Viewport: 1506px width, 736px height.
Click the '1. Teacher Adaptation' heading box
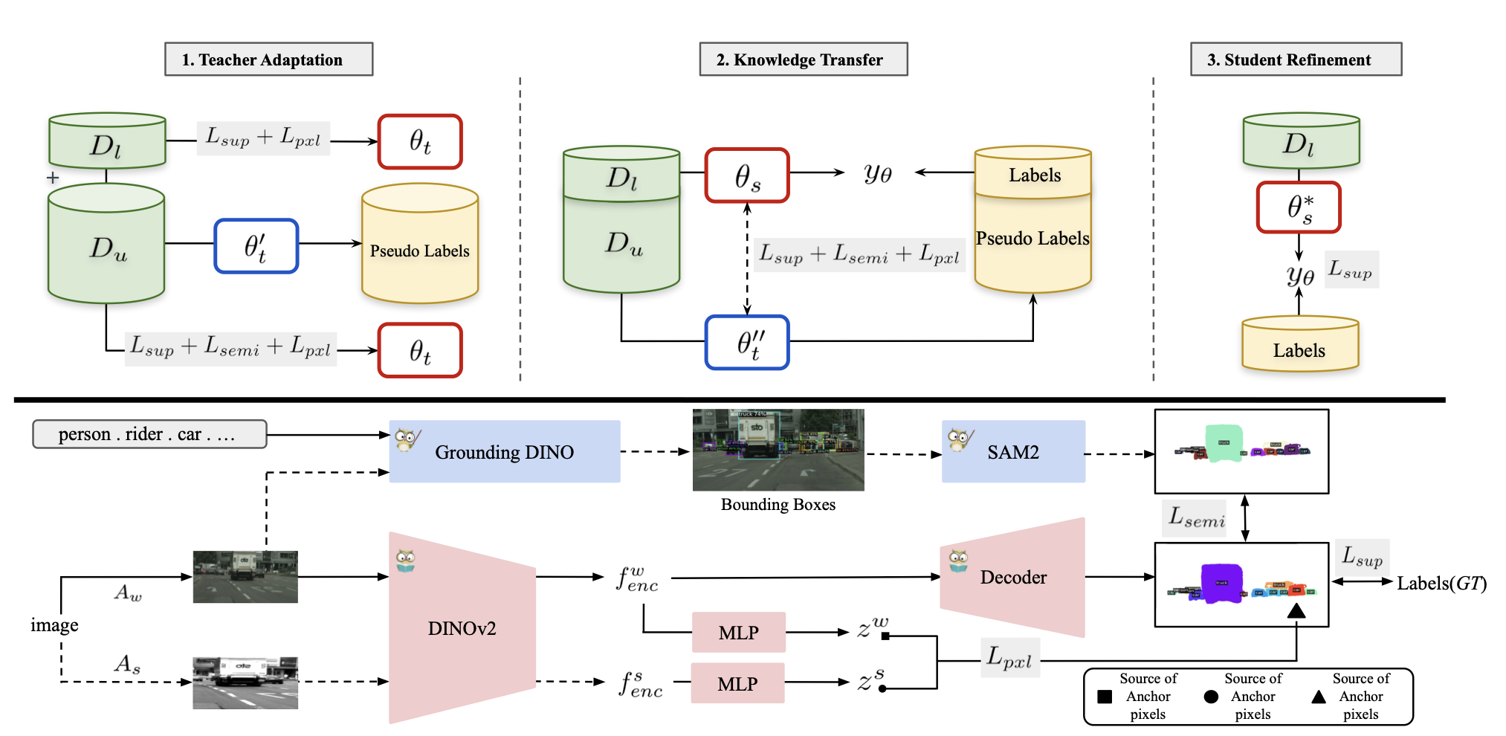[x=268, y=59]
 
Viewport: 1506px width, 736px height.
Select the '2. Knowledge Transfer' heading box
[x=803, y=59]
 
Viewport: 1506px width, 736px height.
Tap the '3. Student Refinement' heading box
[x=1296, y=59]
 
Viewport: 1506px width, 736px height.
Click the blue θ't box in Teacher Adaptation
[x=256, y=246]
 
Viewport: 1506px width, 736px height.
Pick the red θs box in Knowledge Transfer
[x=747, y=175]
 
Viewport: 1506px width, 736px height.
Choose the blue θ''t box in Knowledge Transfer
[x=747, y=342]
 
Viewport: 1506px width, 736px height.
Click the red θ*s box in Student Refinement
[x=1299, y=207]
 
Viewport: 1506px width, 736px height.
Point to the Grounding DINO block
[x=505, y=452]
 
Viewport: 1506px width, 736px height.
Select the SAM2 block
[x=1013, y=452]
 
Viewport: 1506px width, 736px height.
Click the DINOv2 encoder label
[x=462, y=629]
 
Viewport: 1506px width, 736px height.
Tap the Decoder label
[x=1013, y=578]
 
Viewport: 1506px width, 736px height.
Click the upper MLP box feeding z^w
[x=738, y=633]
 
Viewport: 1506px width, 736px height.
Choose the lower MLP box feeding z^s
[x=737, y=684]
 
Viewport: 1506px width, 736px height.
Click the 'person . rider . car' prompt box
[x=149, y=434]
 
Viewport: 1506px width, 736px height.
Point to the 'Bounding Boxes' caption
[x=778, y=505]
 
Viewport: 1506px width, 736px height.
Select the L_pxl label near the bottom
[x=1009, y=658]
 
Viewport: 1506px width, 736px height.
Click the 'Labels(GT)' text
[x=1441, y=584]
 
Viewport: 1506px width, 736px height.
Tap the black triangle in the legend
[x=1319, y=697]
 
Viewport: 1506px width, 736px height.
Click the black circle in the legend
[x=1211, y=697]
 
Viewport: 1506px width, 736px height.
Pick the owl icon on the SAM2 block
[x=959, y=439]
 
